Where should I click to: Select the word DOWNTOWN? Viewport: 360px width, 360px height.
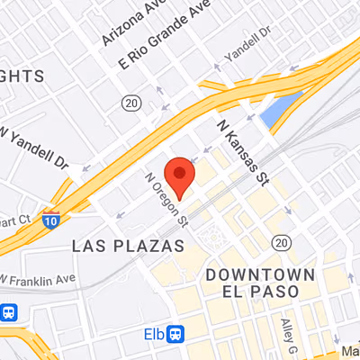(x=259, y=274)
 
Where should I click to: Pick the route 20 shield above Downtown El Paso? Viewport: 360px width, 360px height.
(x=282, y=242)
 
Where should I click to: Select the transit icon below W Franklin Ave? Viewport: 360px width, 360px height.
(x=10, y=312)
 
